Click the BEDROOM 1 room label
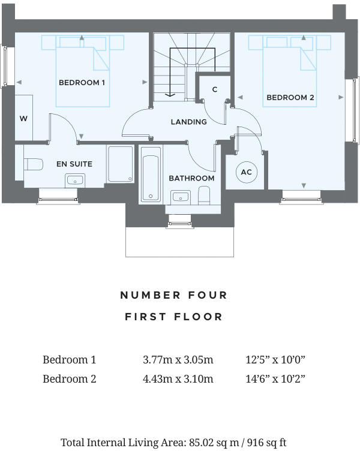[x=82, y=83]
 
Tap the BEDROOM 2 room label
[x=290, y=97]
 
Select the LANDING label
[x=188, y=122]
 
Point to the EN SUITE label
[x=74, y=164]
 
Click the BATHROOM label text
[x=191, y=178]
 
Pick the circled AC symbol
[x=246, y=173]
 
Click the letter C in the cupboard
[x=214, y=89]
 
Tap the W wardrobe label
[x=23, y=118]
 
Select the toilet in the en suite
[x=33, y=164]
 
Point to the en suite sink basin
[x=76, y=179]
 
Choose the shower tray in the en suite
[x=121, y=164]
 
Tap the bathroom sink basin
[x=180, y=196]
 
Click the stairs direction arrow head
[x=170, y=94]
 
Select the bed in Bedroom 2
[x=289, y=71]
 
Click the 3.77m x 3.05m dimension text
[x=178, y=360]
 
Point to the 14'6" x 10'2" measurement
[x=277, y=379]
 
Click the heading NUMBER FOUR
[x=174, y=295]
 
